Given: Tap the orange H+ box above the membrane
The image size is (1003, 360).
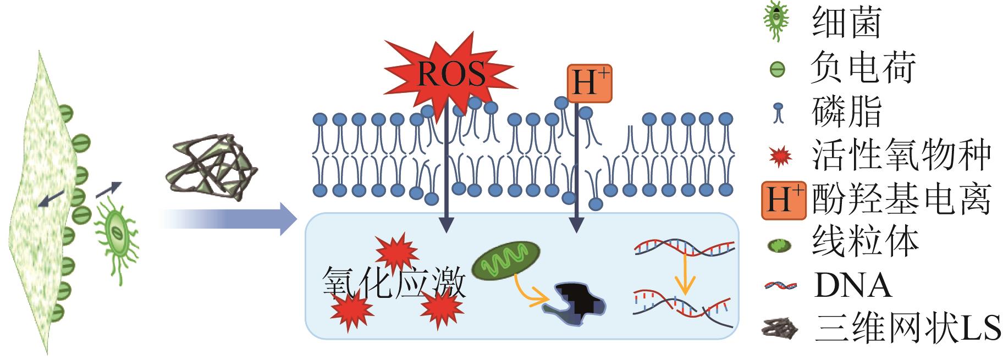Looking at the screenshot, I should coord(589,84).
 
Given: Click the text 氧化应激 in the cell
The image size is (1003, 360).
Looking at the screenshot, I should coord(394,284).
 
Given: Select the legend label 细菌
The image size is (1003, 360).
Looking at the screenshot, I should coord(846,24).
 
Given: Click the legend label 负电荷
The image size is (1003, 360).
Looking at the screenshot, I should coord(863,69).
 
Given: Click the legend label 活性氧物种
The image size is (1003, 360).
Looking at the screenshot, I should coord(901,156).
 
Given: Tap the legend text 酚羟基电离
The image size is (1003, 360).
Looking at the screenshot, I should coord(901,199).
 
